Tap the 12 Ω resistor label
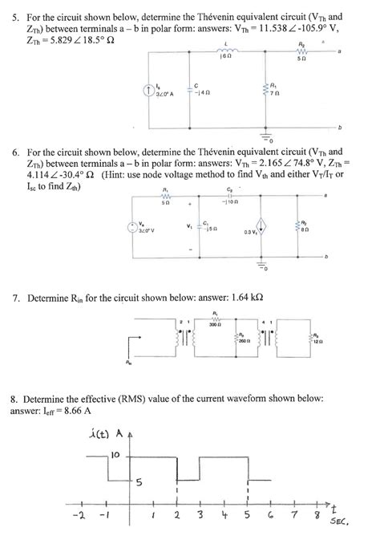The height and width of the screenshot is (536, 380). [318, 340]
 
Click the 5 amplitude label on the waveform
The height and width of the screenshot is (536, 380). [139, 482]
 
